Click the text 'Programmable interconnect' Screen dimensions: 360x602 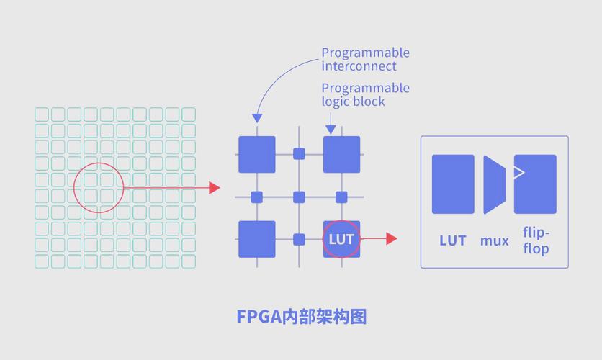[x=365, y=59]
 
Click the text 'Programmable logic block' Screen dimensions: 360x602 [x=365, y=94]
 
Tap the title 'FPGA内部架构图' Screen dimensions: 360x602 [x=301, y=316]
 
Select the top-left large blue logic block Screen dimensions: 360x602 [x=256, y=154]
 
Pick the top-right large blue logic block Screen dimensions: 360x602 [x=341, y=154]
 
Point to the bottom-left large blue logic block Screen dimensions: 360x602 [x=256, y=239]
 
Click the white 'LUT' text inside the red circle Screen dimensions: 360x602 [x=341, y=239]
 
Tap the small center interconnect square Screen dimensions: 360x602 [x=299, y=197]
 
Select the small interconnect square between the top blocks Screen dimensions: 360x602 [x=299, y=153]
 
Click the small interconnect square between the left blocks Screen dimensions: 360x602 [x=256, y=197]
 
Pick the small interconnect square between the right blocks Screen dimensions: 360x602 [x=341, y=197]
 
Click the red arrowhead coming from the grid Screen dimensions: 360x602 [x=214, y=187]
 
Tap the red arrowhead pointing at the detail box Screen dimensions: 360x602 [x=391, y=238]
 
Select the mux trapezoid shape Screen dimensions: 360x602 [x=494, y=184]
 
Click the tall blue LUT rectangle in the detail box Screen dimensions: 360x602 [x=453, y=184]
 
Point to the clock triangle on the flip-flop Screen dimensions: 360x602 [x=519, y=172]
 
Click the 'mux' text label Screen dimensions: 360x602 [x=494, y=240]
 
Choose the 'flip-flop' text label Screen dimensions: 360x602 [x=536, y=240]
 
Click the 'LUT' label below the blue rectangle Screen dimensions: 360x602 [x=453, y=240]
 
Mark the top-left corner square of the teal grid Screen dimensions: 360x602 [x=41, y=114]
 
